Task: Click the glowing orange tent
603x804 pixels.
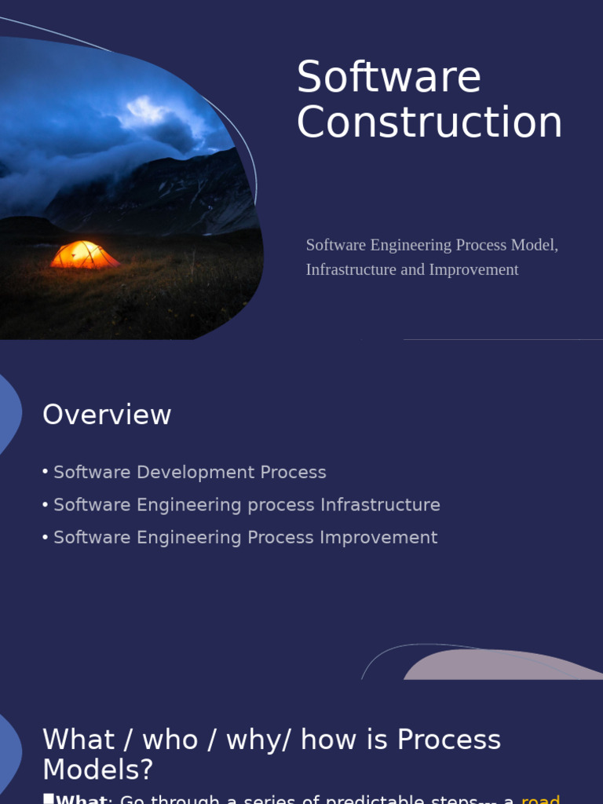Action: tap(84, 255)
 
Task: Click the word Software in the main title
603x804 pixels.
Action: tap(389, 78)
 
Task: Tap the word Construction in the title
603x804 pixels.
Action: tap(429, 123)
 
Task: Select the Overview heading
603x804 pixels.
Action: tap(107, 415)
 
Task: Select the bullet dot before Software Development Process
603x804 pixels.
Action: tap(46, 472)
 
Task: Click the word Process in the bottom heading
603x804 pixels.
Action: tap(448, 740)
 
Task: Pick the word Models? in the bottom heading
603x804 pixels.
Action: tap(98, 770)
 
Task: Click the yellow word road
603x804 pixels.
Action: tap(540, 799)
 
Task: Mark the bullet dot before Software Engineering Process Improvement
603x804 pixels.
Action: tap(46, 537)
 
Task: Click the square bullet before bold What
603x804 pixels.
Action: tap(49, 799)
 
